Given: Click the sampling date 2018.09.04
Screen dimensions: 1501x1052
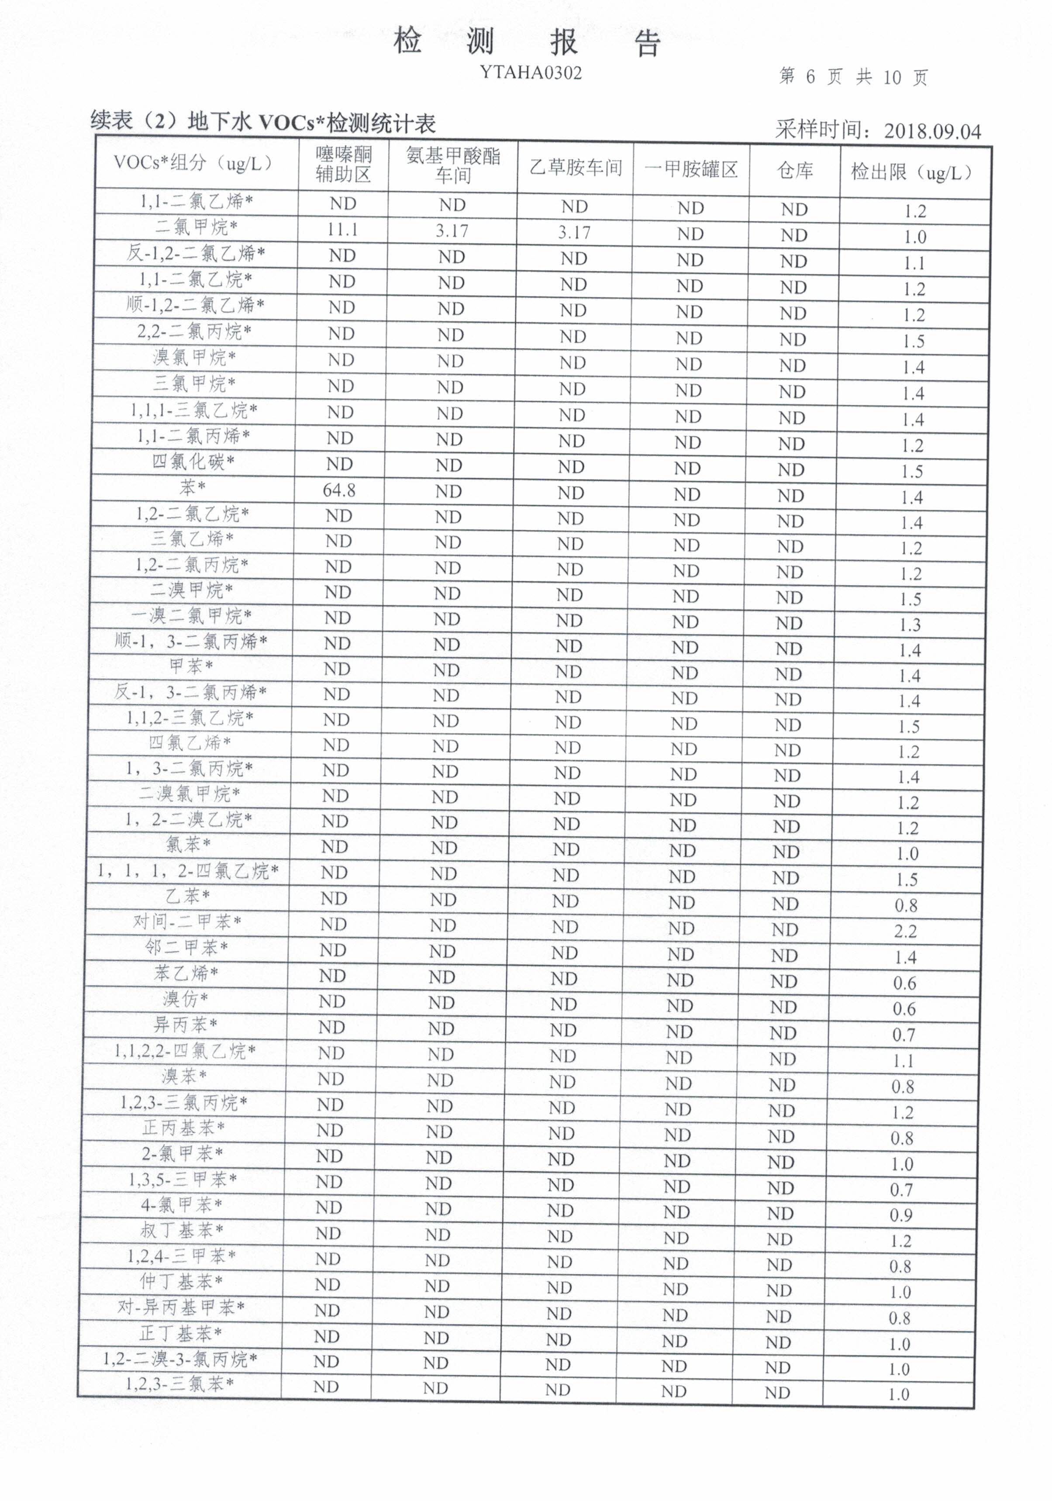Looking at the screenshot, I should pos(932,131).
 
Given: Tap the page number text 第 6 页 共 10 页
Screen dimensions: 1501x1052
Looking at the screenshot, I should pos(853,77).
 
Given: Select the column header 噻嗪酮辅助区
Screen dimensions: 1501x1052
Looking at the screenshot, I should pos(343,164).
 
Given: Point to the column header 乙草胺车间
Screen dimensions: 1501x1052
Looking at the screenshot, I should pos(576,168).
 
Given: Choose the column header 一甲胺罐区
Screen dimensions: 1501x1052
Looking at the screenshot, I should pos(691,170).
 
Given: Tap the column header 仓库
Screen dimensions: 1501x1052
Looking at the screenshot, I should pos(794,171).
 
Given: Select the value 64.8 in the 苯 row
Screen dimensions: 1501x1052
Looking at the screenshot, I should pos(339,490).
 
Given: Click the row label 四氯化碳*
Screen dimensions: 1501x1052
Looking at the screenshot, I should pos(193,462).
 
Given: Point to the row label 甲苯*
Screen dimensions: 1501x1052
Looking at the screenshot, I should pos(191,666).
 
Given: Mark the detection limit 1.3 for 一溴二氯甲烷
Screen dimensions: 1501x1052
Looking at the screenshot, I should pos(910,625).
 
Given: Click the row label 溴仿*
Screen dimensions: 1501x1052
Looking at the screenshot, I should pos(185,999).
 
